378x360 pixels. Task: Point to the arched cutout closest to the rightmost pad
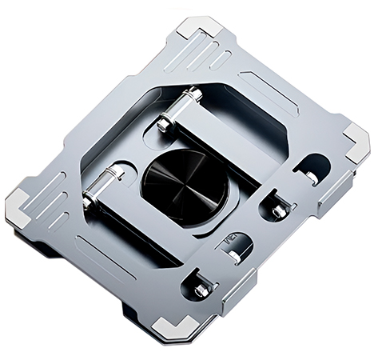pos(312,168)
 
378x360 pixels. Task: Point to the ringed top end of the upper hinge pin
pos(191,94)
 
